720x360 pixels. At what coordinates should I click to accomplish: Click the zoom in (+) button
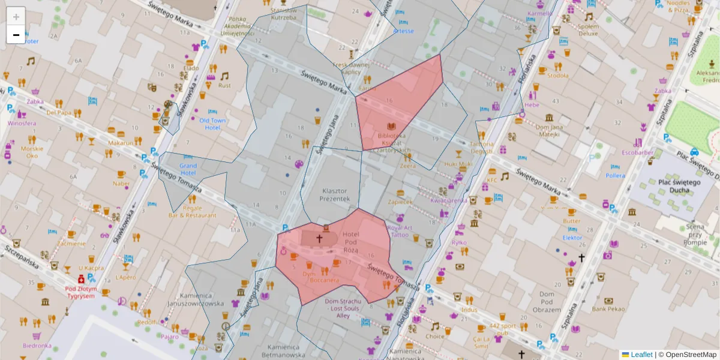[16, 17]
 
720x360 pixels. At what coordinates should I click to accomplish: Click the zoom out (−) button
[16, 35]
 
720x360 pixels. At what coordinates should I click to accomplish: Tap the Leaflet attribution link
[641, 355]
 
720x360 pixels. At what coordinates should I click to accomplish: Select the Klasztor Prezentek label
[334, 194]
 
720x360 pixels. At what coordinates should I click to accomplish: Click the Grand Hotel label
[188, 169]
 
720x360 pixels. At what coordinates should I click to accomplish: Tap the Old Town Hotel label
[212, 124]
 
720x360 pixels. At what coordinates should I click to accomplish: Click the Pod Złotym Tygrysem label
[80, 292]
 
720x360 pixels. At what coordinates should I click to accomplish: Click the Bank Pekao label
[608, 309]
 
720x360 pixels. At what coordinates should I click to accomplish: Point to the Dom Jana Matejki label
[550, 130]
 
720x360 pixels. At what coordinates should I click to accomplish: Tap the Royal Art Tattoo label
[400, 231]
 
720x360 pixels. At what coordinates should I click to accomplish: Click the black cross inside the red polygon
[319, 239]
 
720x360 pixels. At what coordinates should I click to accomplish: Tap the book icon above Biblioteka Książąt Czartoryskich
[391, 126]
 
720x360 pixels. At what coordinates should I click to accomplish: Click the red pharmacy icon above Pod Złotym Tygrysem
[80, 279]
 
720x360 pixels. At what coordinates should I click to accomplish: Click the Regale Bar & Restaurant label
[192, 211]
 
